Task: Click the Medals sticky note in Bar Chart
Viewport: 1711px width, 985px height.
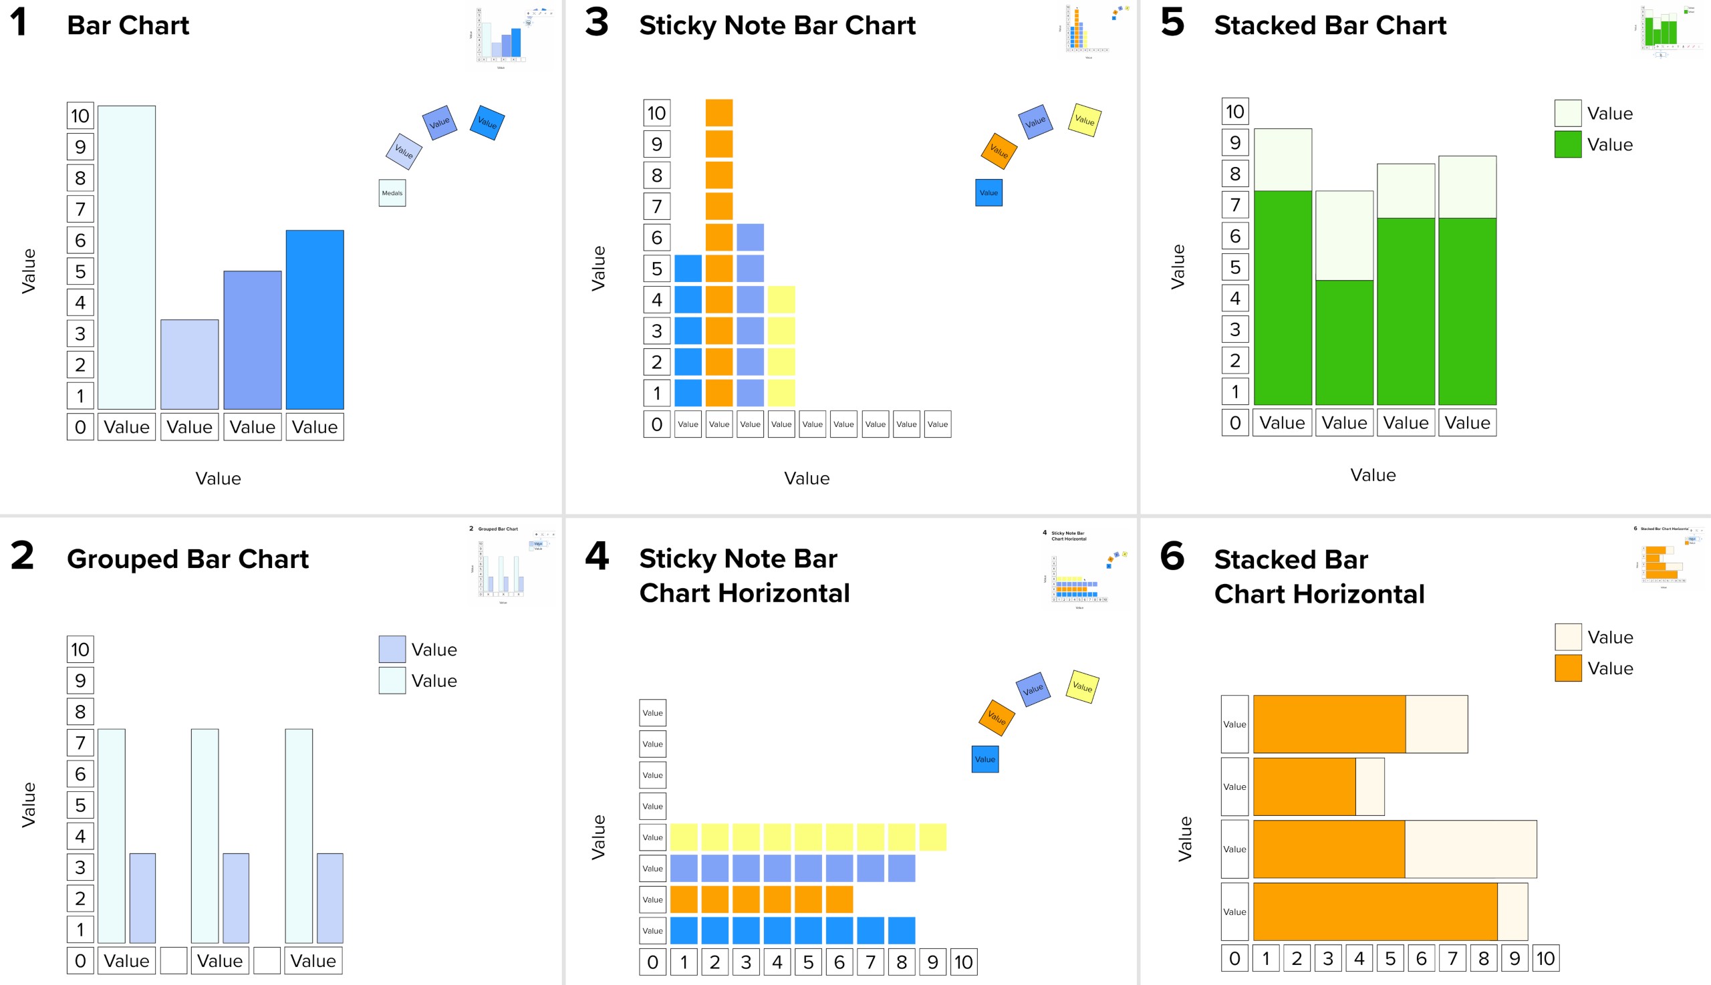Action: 392,193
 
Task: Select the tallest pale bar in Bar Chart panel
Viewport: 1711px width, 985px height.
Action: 126,257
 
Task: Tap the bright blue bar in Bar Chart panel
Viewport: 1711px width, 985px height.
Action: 315,319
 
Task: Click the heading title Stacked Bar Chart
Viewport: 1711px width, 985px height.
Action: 1329,25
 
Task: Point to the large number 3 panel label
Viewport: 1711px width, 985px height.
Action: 596,22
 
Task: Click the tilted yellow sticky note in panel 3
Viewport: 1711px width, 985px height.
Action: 1084,120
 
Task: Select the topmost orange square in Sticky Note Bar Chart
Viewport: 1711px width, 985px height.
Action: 718,113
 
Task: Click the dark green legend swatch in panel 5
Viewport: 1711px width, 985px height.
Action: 1567,144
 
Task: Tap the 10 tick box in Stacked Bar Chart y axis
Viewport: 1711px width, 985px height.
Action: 1234,112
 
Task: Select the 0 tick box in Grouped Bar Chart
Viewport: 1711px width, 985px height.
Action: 80,961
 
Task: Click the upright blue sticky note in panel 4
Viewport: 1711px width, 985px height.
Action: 984,759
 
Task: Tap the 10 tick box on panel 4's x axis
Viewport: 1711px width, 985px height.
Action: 963,962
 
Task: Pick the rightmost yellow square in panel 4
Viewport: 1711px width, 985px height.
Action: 932,837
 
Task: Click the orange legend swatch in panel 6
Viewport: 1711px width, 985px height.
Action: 1567,668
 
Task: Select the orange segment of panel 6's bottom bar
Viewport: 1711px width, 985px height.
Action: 1374,911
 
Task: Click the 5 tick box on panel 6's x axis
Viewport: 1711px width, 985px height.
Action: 1390,959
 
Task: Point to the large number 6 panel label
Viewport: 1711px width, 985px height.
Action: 1171,556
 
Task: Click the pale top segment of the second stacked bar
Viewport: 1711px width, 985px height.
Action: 1343,235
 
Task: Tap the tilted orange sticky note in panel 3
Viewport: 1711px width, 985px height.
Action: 999,151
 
